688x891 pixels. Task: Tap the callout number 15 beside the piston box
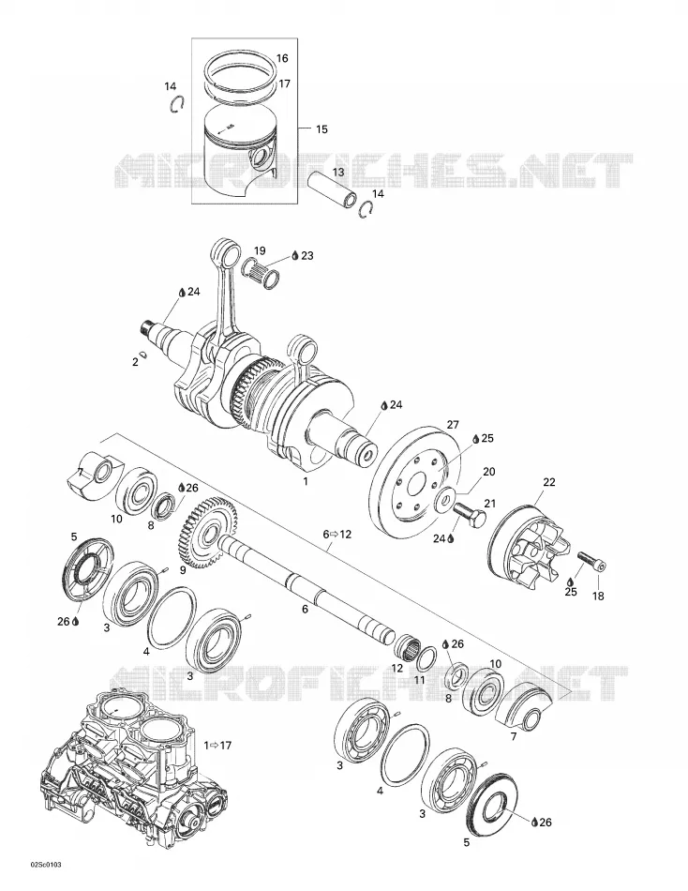[322, 129]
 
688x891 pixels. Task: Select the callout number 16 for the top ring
[282, 58]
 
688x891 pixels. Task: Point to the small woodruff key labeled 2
[144, 355]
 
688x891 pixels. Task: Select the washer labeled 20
[445, 495]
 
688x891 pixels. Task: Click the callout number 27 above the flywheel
[453, 425]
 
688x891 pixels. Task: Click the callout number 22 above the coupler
[549, 482]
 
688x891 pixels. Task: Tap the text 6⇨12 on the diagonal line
[337, 535]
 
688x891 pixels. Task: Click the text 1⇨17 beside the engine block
[217, 745]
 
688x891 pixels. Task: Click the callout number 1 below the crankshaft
[305, 482]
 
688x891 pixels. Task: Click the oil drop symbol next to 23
[295, 256]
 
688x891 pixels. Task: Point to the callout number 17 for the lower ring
[285, 83]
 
